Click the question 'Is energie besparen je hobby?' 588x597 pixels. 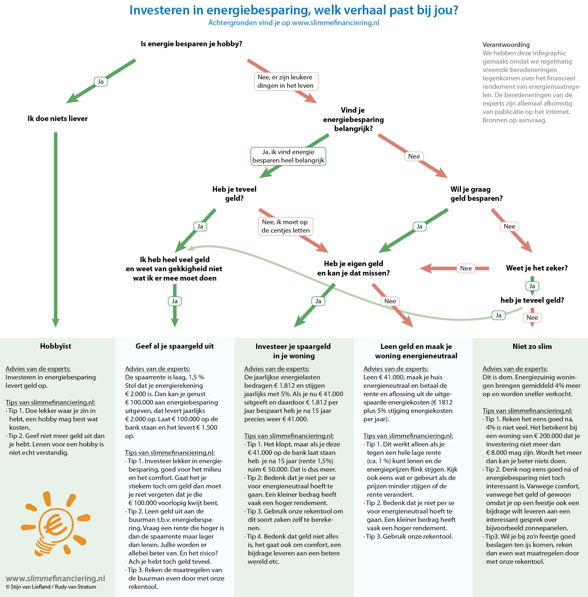(191, 44)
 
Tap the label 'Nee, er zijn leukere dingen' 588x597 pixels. (286, 81)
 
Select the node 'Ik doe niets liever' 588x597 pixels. (58, 118)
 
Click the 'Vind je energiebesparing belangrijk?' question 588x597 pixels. (353, 119)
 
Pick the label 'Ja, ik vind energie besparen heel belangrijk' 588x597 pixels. (288, 156)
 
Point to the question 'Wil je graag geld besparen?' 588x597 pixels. (476, 194)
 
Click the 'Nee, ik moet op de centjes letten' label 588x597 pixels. (286, 226)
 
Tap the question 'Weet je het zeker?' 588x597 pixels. (537, 268)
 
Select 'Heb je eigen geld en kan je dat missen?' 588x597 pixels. (353, 268)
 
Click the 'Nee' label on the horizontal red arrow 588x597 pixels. (466, 268)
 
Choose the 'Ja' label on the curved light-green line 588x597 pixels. (498, 315)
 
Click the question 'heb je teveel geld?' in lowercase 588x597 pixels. (532, 300)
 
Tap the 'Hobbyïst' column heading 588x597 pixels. (56, 346)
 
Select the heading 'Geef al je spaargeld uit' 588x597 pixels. (175, 346)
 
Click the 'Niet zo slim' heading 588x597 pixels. (532, 346)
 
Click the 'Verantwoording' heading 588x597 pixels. (506, 45)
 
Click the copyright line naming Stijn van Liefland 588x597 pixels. (51, 587)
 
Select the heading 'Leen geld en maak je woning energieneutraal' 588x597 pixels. (416, 351)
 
